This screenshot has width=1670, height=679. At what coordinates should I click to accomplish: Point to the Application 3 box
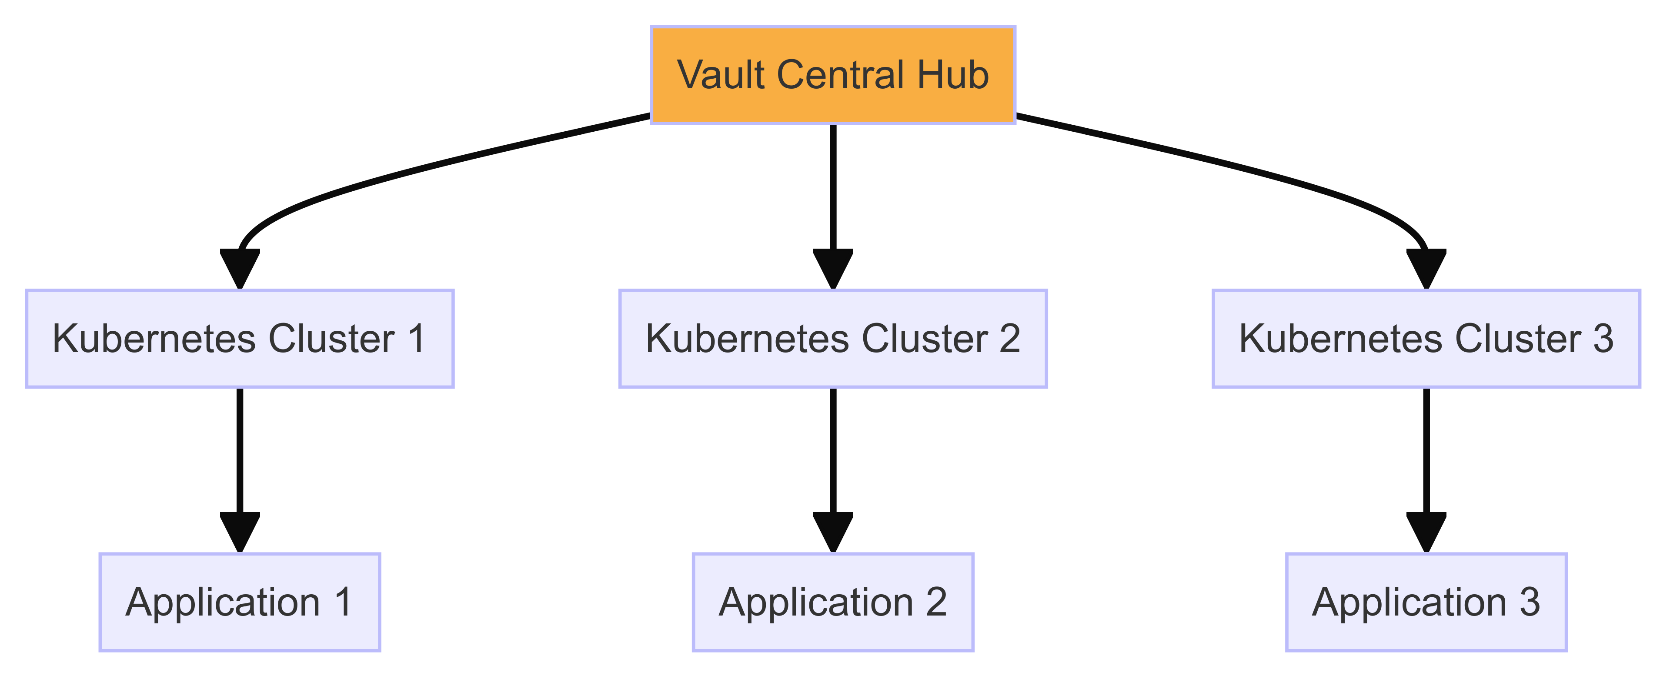[x=1426, y=602]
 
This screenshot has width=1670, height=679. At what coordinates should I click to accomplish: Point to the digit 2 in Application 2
[x=936, y=602]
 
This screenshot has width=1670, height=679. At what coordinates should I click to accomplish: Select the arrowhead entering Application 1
[x=240, y=532]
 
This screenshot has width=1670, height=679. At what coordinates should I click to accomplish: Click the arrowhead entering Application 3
[x=1426, y=532]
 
